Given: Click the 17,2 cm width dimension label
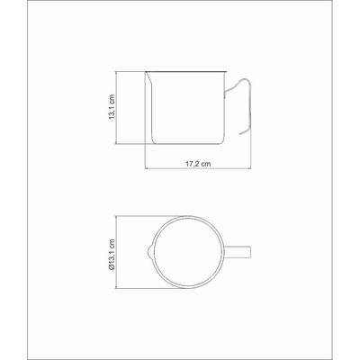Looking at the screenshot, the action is pyautogui.click(x=198, y=164).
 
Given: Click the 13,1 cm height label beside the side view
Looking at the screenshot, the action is pyautogui.click(x=112, y=108).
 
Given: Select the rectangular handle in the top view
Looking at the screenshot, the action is pyautogui.click(x=238, y=252).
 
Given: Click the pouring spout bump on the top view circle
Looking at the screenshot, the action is pyautogui.click(x=149, y=252).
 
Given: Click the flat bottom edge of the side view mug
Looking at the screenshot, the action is pyautogui.click(x=187, y=144).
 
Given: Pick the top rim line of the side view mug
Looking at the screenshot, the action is pyautogui.click(x=185, y=72).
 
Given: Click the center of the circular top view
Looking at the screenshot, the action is pyautogui.click(x=188, y=252).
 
